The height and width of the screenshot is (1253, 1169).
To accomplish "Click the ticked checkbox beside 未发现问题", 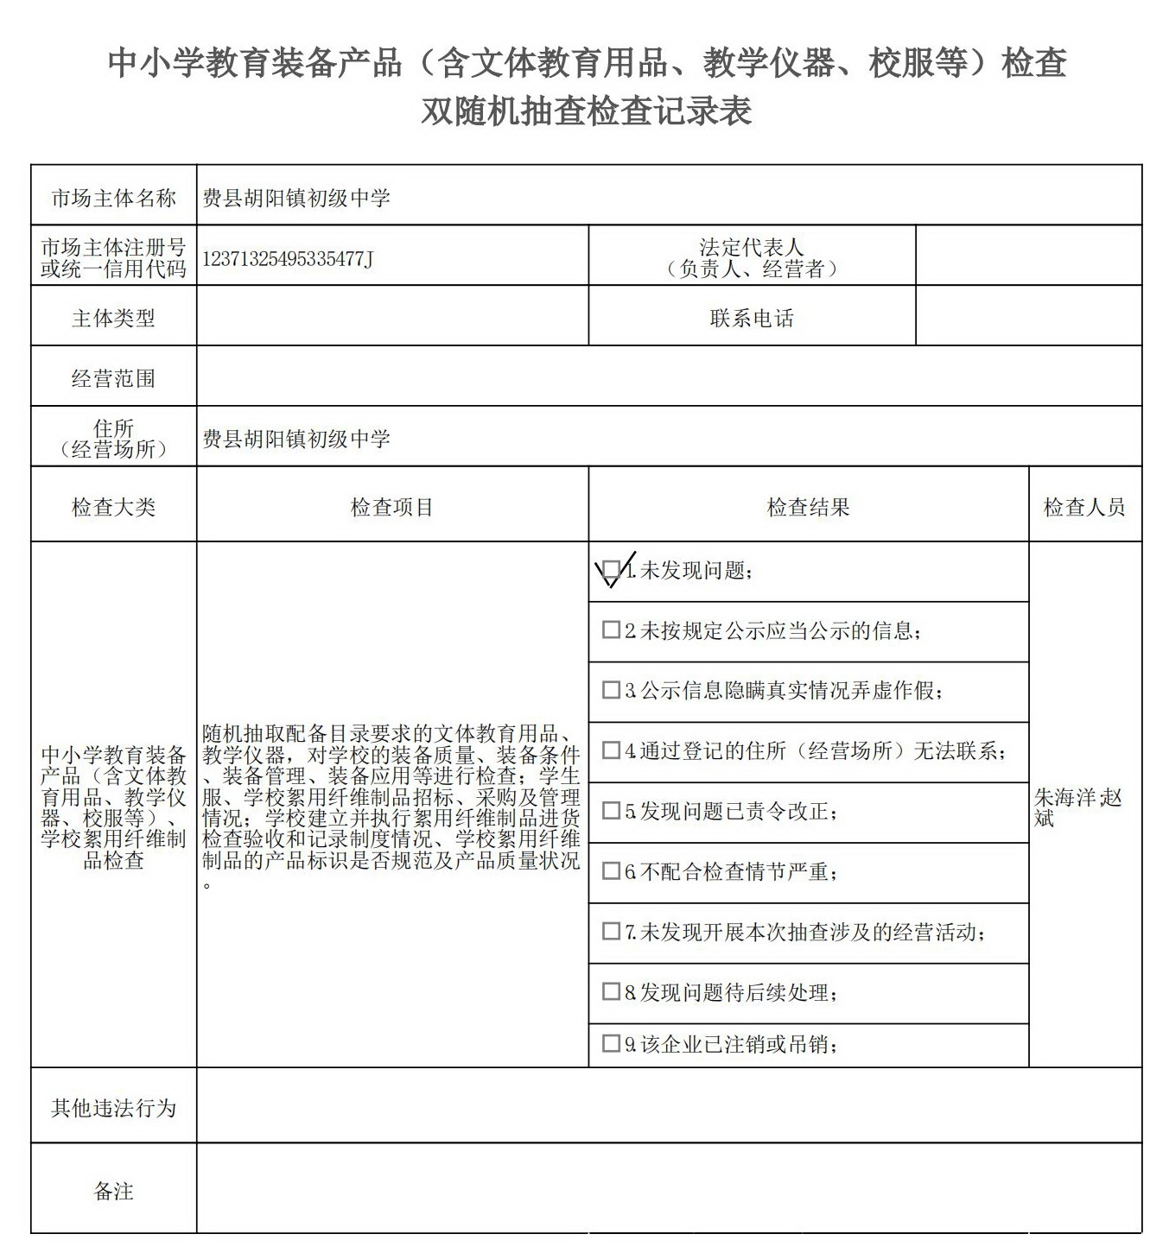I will (x=611, y=570).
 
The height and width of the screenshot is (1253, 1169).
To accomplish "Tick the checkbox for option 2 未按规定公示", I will (x=611, y=630).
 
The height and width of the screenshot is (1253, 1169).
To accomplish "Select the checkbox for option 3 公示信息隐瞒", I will (x=611, y=690).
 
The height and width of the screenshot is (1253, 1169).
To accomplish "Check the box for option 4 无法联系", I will (x=611, y=750).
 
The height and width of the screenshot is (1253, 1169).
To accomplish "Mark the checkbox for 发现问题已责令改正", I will (x=611, y=811).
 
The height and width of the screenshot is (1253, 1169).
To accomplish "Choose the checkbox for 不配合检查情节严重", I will (x=611, y=870).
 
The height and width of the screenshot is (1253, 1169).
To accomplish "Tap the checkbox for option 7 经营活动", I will (x=611, y=931).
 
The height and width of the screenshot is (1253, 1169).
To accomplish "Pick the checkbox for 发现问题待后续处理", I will (x=611, y=991).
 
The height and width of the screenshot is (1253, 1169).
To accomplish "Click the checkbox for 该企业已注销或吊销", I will (x=611, y=1043).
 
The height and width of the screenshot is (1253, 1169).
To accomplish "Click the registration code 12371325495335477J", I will (x=288, y=258).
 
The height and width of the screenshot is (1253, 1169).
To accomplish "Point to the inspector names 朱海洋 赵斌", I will (x=1077, y=807).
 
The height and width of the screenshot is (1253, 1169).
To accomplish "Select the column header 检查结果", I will (x=808, y=507).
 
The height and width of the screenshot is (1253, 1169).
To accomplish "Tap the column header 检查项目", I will (x=391, y=507).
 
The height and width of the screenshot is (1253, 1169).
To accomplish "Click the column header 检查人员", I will (x=1084, y=507).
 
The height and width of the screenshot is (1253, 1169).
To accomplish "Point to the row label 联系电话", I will (x=751, y=318).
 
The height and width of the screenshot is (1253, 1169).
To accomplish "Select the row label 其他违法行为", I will (x=113, y=1107).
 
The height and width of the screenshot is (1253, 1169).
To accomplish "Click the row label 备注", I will (x=113, y=1191).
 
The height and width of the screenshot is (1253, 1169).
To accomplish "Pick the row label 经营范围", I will (x=113, y=378).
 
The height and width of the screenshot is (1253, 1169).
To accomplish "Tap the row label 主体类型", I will (x=113, y=318).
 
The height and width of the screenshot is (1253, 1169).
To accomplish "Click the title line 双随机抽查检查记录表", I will (x=586, y=111).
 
